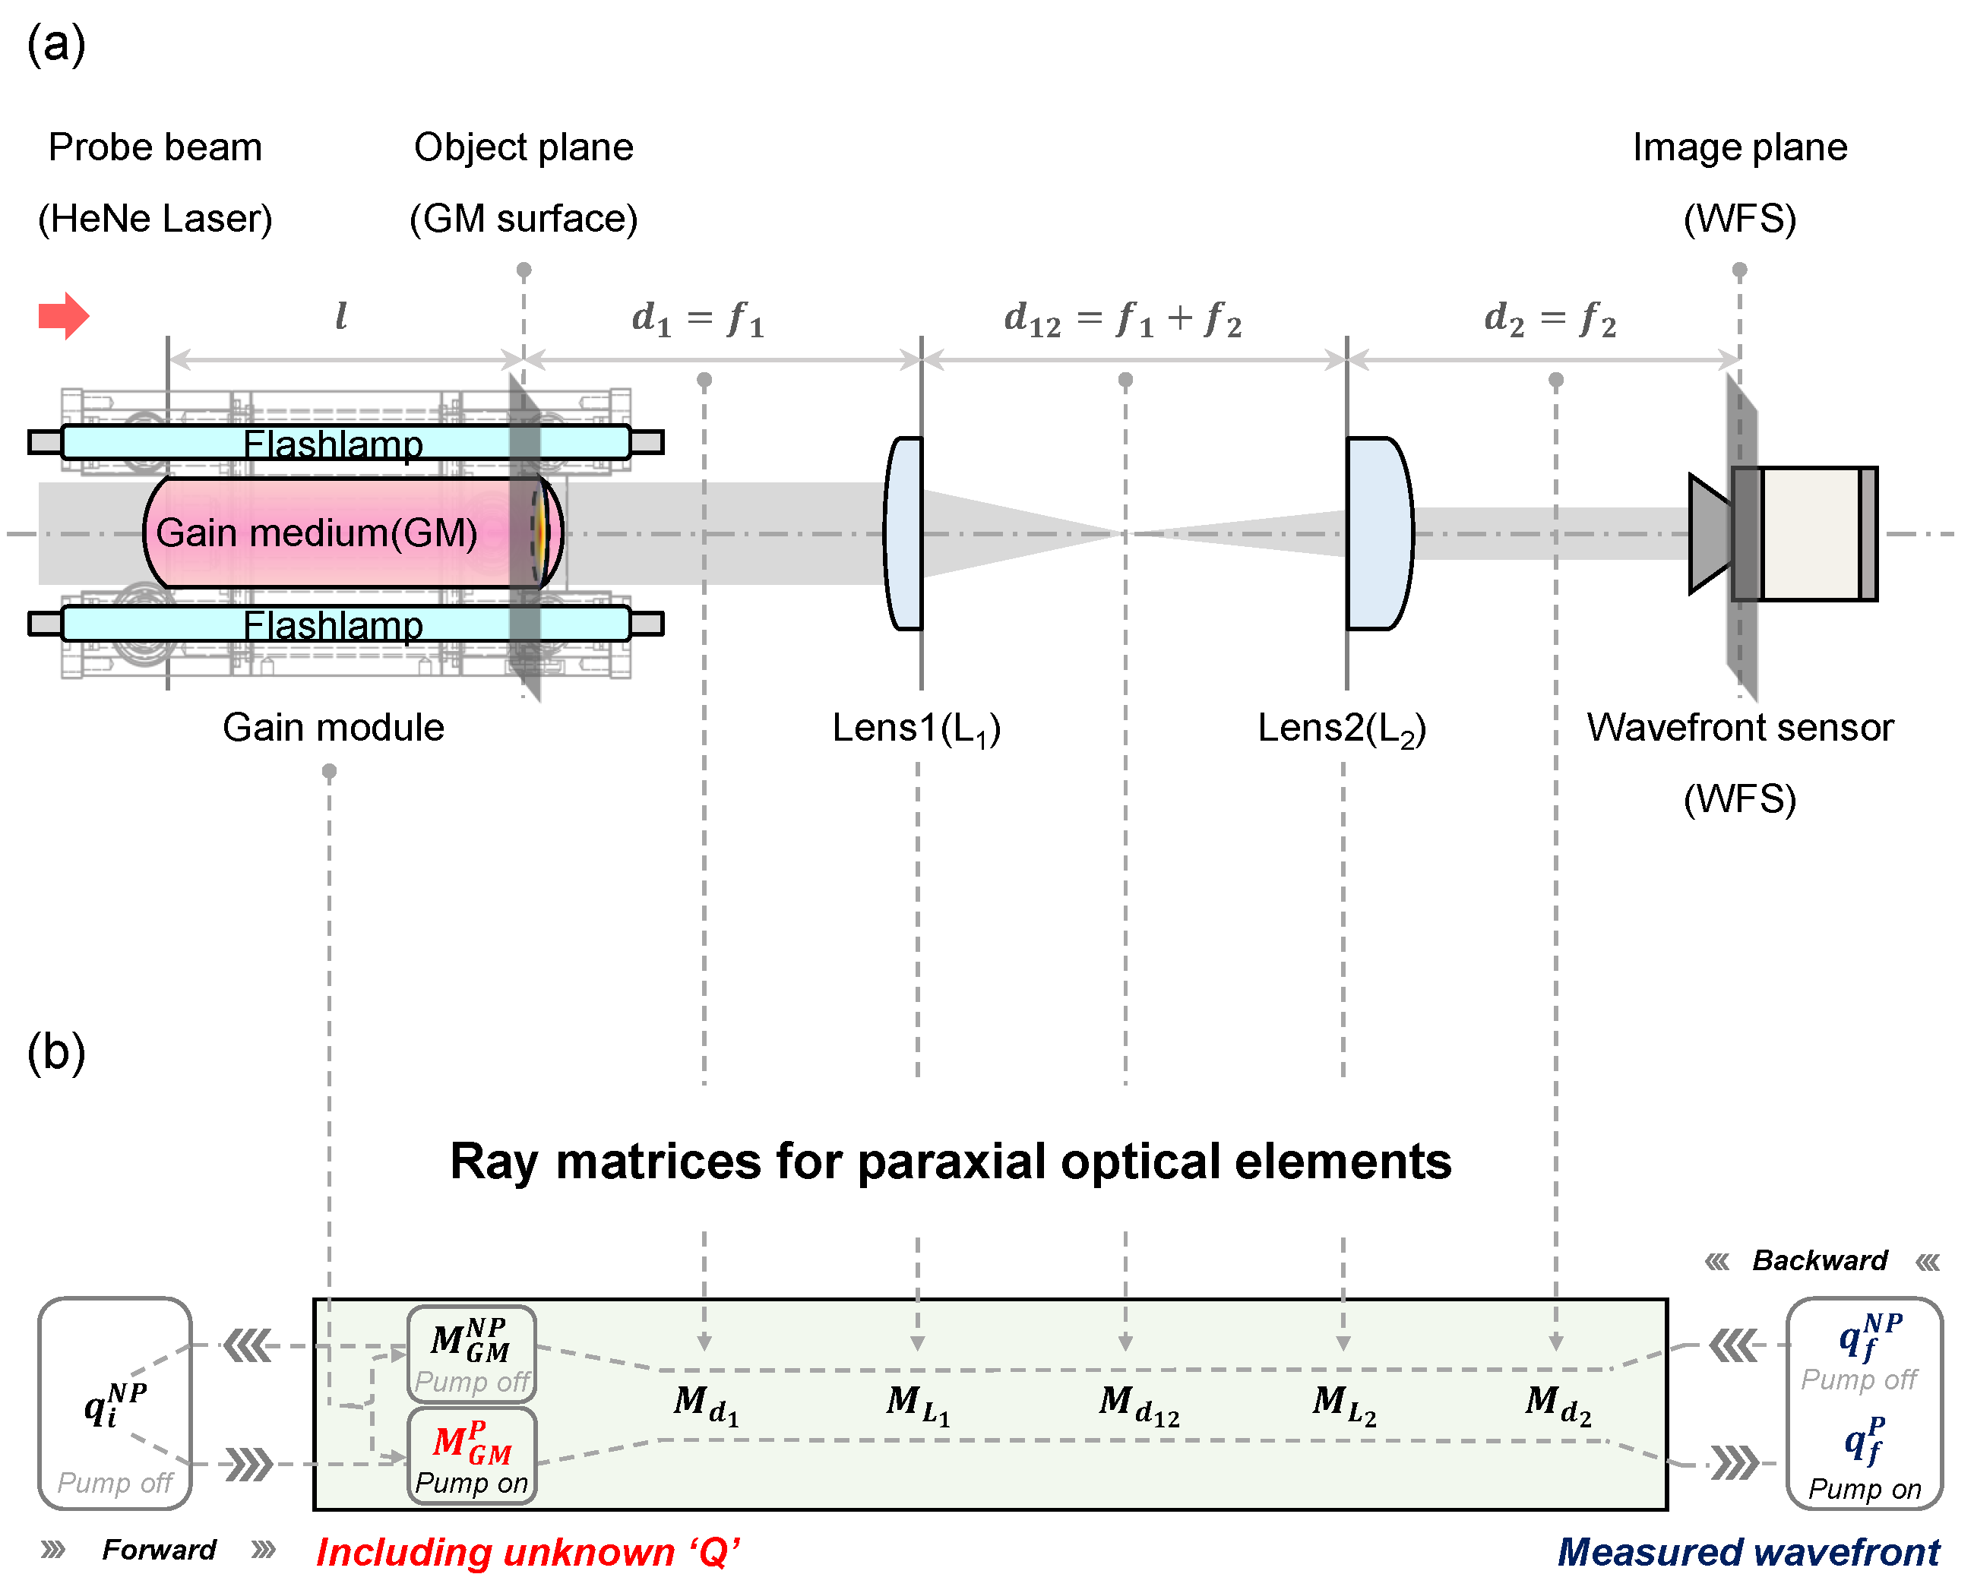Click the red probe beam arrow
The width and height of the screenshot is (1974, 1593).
pos(62,317)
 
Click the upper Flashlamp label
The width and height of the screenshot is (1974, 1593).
pos(333,444)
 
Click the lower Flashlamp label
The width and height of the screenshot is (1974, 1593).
pos(333,626)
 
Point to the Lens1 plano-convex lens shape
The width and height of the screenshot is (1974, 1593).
pos(904,533)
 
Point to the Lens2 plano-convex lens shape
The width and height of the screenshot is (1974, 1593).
pos(1378,533)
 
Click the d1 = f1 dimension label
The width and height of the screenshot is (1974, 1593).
pos(698,319)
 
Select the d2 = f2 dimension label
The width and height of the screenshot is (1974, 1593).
pos(1549,319)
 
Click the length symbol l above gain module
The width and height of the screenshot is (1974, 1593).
pos(340,316)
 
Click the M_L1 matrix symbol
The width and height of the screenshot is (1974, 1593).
pos(918,1404)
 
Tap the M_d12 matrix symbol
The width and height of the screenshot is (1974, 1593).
pos(1138,1404)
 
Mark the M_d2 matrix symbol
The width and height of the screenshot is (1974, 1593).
pos(1558,1404)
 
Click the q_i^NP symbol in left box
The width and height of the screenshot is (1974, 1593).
pos(114,1404)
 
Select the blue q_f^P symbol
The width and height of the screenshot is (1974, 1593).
pos(1865,1440)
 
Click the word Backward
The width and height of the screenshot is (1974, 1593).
pos(1819,1261)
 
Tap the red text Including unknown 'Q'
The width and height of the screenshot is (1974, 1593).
pos(527,1553)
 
